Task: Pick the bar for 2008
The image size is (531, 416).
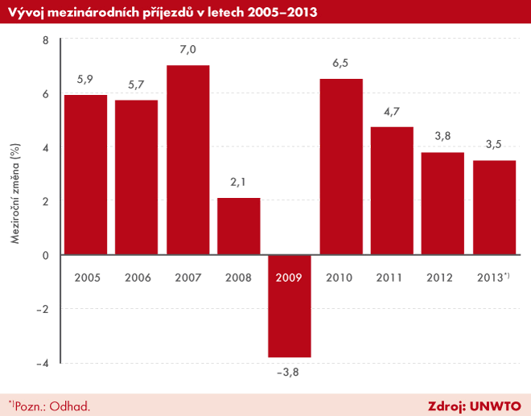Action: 238,226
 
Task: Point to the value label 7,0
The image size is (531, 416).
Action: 187,50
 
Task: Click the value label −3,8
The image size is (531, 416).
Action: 289,372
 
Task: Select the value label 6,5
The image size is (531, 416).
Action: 340,64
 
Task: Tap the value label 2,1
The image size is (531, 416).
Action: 238,183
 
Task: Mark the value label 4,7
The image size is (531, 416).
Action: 392,112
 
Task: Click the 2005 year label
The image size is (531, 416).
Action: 86,277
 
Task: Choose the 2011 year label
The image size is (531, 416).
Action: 392,277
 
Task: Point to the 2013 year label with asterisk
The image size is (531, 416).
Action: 493,277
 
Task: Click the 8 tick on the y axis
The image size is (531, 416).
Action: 45,40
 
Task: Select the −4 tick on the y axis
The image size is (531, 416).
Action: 43,363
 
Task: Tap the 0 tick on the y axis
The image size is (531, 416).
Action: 45,255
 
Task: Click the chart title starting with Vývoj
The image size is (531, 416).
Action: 161,11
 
